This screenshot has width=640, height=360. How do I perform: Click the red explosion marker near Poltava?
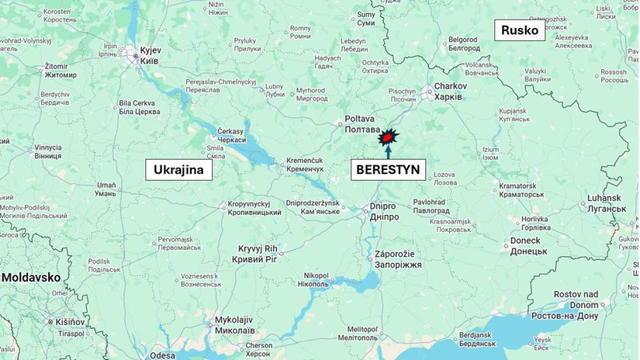click(x=388, y=137)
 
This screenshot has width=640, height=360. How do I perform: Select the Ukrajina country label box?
click(x=179, y=170)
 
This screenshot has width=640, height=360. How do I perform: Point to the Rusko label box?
click(x=520, y=31)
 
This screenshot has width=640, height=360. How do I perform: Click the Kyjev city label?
click(x=150, y=52)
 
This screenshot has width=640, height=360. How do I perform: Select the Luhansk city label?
click(x=605, y=203)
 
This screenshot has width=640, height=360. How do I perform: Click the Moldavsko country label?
click(x=31, y=277)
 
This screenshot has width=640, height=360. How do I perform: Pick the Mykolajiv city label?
click(x=235, y=324)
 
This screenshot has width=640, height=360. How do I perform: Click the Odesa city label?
click(x=163, y=355)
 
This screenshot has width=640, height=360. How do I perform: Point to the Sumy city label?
click(x=365, y=19)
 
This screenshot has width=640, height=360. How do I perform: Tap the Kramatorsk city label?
click(x=517, y=191)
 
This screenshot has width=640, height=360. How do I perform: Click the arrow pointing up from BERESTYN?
click(x=388, y=151)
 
